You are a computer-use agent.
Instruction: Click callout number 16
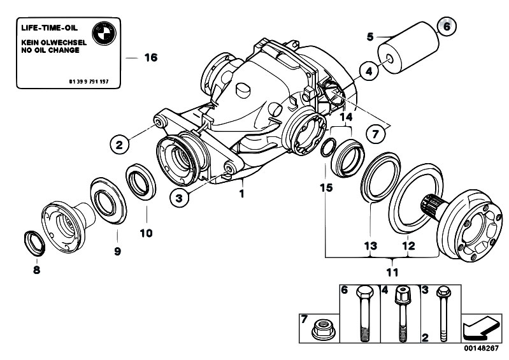[x=150, y=57]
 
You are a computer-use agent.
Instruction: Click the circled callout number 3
[x=180, y=198]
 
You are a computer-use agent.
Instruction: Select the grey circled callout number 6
[x=446, y=27]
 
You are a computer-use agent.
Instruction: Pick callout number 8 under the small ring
[x=36, y=270]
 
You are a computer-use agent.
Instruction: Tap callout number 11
[x=391, y=272]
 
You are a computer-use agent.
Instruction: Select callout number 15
[x=327, y=189]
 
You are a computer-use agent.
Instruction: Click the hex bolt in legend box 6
[x=362, y=319]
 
